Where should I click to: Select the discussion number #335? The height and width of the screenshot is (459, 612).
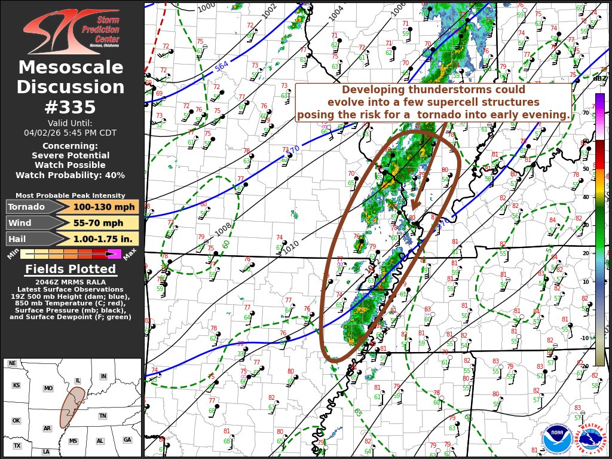click(71, 107)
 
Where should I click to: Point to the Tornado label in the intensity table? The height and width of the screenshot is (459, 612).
click(26, 207)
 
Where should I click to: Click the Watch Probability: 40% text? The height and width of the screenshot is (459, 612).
click(71, 175)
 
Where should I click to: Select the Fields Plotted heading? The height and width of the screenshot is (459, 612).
click(71, 270)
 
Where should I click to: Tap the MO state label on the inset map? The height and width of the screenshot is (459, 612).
click(48, 388)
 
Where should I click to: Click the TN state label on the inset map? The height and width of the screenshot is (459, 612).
click(102, 416)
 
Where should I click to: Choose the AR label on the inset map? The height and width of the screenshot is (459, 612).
click(47, 429)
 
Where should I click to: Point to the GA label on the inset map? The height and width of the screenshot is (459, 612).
click(127, 440)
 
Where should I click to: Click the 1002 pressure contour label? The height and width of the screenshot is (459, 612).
click(270, 11)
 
